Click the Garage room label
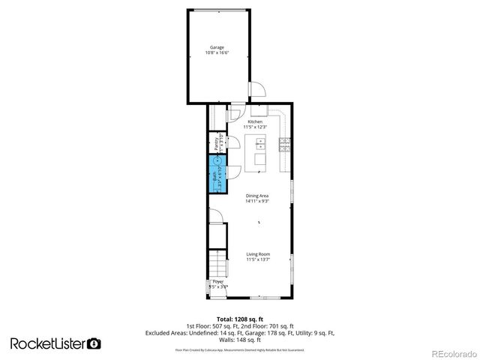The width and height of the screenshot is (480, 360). [x=217, y=47]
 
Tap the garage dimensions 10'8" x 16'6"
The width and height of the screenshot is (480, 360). [x=217, y=52]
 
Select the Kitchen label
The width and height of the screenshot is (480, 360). [x=255, y=121]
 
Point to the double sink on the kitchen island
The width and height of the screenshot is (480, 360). [x=260, y=158]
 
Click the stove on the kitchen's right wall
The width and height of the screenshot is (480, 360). [x=285, y=145]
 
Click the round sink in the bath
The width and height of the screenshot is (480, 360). [x=217, y=160]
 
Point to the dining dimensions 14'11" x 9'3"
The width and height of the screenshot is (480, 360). [x=256, y=202]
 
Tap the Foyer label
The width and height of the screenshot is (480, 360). [x=217, y=281]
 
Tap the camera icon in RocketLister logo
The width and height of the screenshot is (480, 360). [x=94, y=343]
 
